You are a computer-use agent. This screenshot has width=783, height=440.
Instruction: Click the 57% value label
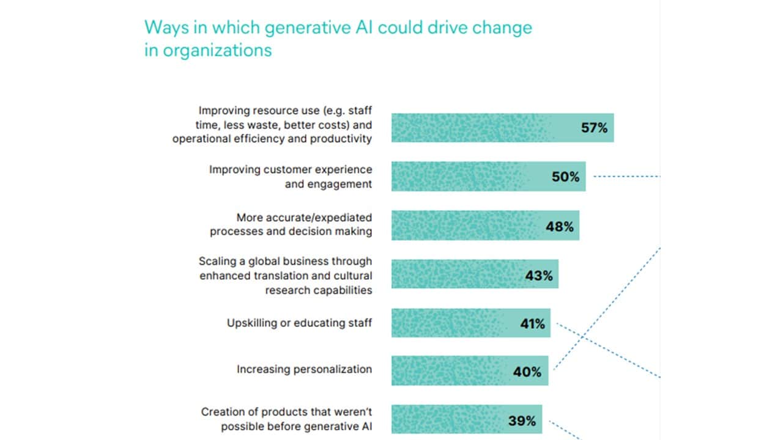tap(594, 128)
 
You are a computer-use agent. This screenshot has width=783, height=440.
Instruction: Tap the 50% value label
tap(565, 177)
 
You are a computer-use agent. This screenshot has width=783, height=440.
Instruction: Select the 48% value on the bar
tap(560, 226)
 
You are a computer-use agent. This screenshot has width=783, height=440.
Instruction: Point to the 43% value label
tap(538, 276)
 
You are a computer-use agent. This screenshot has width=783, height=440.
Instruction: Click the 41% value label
tap(532, 324)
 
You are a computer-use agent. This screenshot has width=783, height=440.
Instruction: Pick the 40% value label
tap(527, 372)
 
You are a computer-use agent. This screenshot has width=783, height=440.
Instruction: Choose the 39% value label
tap(522, 421)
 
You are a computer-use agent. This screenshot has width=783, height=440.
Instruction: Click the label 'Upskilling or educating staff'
tap(299, 323)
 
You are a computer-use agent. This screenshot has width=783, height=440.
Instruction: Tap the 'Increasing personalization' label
tap(304, 369)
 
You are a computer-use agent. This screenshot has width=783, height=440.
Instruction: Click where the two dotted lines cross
tap(581, 335)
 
